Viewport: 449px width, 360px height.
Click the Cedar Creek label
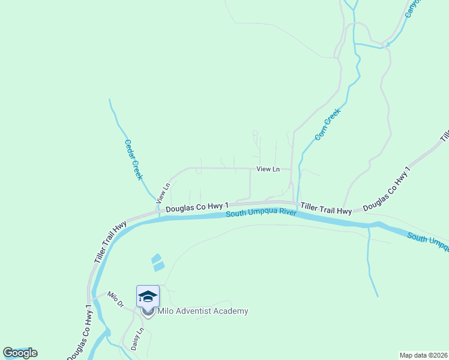(x=133, y=160)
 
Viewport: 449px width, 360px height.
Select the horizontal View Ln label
(x=268, y=169)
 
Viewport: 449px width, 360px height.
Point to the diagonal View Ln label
(x=163, y=192)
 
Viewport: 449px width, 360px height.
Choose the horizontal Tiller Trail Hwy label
(x=326, y=209)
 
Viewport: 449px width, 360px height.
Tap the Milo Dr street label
(x=115, y=298)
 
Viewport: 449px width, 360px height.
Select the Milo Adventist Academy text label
(x=202, y=311)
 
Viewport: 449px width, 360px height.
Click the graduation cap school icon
(x=148, y=296)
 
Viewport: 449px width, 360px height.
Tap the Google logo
(x=20, y=353)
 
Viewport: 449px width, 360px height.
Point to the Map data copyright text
(x=423, y=355)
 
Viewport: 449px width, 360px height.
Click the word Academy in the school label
(x=231, y=311)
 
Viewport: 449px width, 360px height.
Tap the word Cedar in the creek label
(x=129, y=150)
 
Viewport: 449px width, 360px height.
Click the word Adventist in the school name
(x=194, y=311)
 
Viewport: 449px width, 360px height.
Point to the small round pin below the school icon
(x=148, y=312)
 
